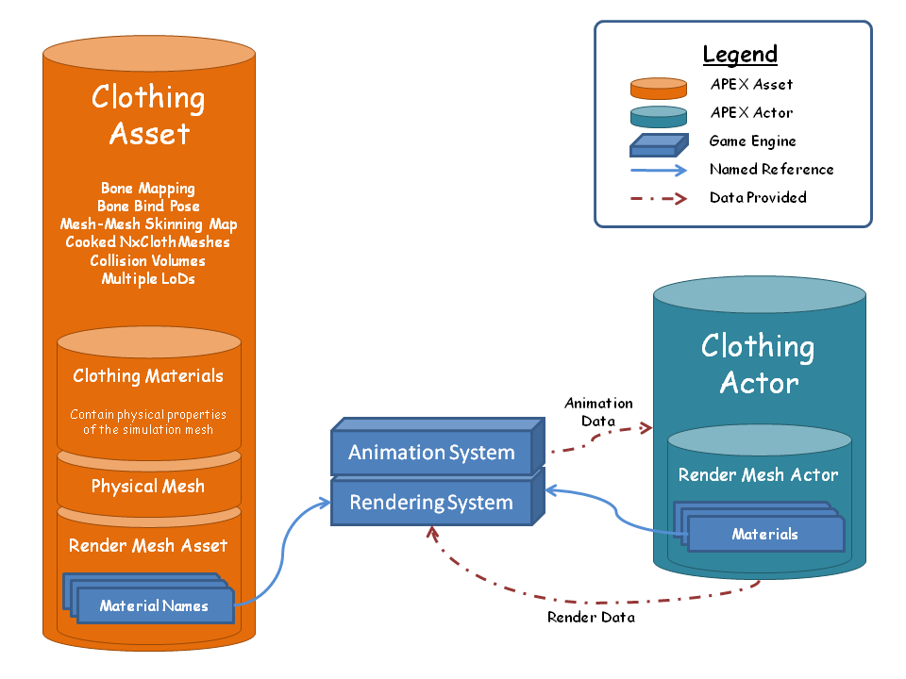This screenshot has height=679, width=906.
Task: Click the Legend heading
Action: [x=740, y=55]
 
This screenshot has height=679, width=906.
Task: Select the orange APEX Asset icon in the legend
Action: [x=658, y=89]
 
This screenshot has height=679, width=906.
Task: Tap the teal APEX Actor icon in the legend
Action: [x=658, y=116]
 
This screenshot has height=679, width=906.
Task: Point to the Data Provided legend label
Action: [x=758, y=198]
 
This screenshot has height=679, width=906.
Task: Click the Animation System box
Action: [x=431, y=453]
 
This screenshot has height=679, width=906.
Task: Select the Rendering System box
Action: [x=431, y=503]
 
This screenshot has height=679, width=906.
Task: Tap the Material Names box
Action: [x=154, y=605]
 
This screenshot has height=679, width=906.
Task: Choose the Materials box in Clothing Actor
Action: [x=764, y=535]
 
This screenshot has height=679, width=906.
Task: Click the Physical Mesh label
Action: [x=148, y=487]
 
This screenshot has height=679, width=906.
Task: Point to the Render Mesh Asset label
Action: [x=148, y=545]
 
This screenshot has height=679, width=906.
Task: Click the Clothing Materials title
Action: [x=148, y=376]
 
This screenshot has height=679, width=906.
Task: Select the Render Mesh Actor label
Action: [x=759, y=475]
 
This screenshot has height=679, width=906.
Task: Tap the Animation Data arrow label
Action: [x=598, y=412]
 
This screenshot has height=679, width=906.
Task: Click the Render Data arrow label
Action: [x=591, y=618]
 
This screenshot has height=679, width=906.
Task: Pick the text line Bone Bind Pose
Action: [x=148, y=207]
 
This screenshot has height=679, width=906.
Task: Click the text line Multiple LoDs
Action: [x=148, y=279]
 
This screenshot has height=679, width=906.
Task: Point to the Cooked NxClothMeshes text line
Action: [x=148, y=242]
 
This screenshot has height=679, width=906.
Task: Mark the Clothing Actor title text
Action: [x=758, y=364]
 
